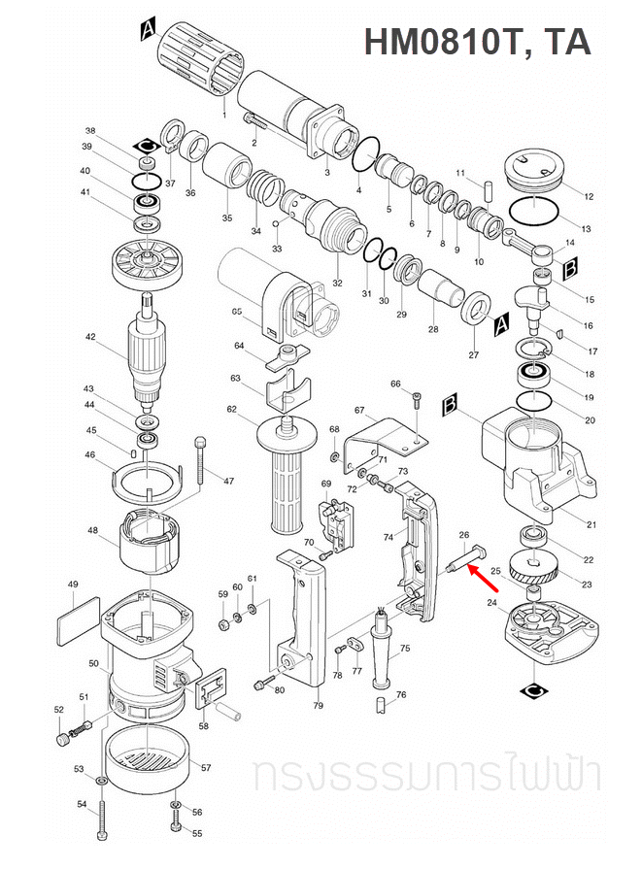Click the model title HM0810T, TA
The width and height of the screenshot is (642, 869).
[476, 43]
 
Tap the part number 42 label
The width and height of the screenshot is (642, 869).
[90, 338]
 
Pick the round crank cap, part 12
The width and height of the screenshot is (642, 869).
[532, 169]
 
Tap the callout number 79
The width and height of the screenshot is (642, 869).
[318, 705]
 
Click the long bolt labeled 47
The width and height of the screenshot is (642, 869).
[201, 461]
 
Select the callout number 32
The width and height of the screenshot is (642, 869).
[337, 284]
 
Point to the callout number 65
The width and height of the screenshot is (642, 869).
[237, 312]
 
